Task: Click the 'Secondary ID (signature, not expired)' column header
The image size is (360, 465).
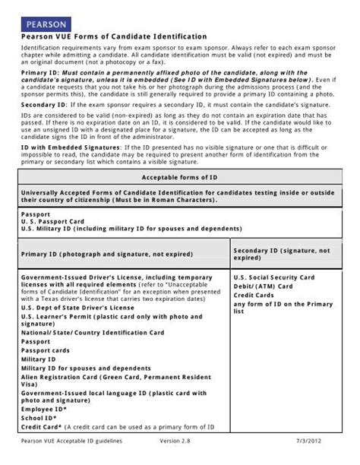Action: pos(281,254)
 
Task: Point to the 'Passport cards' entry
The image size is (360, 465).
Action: pos(45,350)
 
